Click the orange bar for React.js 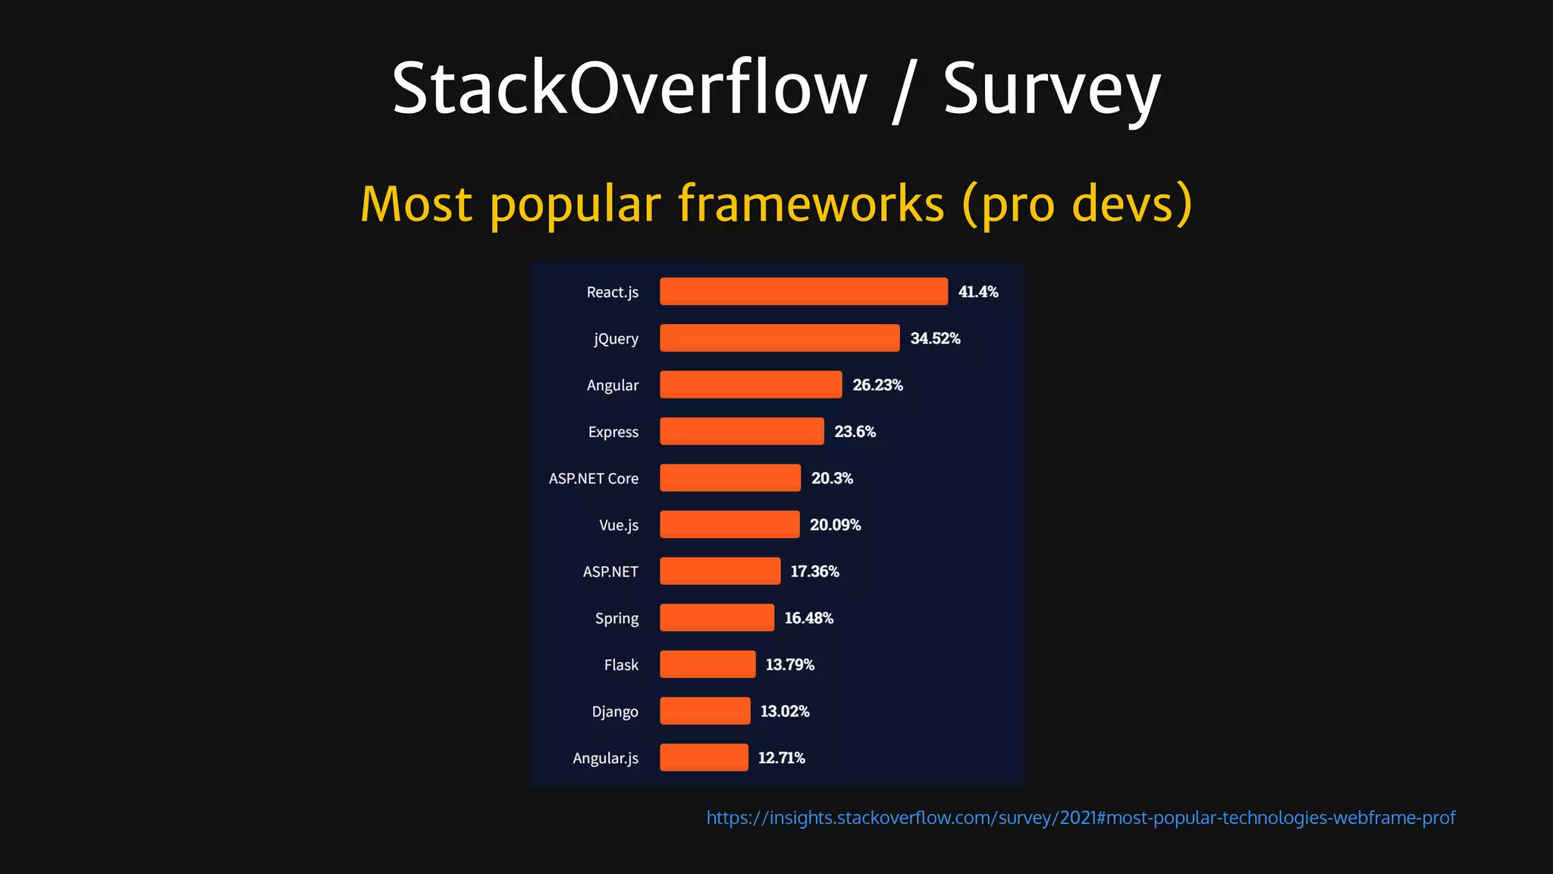click(803, 291)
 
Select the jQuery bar click(780, 338)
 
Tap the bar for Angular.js click(704, 758)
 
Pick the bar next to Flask click(707, 665)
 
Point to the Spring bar click(717, 618)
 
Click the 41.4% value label click(977, 292)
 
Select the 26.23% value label click(877, 385)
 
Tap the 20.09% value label click(835, 525)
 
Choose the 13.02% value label click(784, 712)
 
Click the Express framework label click(613, 432)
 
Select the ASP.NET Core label click(593, 479)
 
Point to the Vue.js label click(618, 525)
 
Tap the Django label click(614, 712)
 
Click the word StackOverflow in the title click(629, 89)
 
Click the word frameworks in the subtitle click(811, 204)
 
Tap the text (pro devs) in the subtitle click(1077, 204)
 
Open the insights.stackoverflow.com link click(1081, 818)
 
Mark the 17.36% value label click(814, 571)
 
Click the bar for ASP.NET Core click(729, 478)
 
